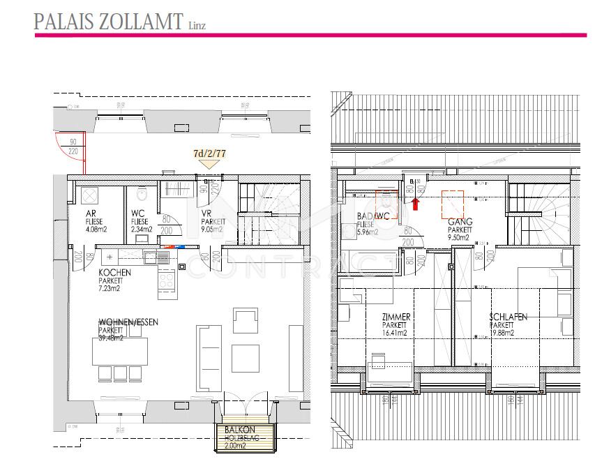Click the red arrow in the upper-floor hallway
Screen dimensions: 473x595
click(x=415, y=203)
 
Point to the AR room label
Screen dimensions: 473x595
click(x=90, y=213)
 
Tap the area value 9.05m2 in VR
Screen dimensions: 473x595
click(x=211, y=228)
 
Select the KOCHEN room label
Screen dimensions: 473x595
click(x=115, y=272)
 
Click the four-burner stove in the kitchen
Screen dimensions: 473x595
click(x=167, y=280)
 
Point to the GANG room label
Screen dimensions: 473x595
click(x=460, y=221)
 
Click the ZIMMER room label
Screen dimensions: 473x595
click(x=396, y=317)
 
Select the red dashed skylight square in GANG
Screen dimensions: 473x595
click(x=452, y=203)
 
